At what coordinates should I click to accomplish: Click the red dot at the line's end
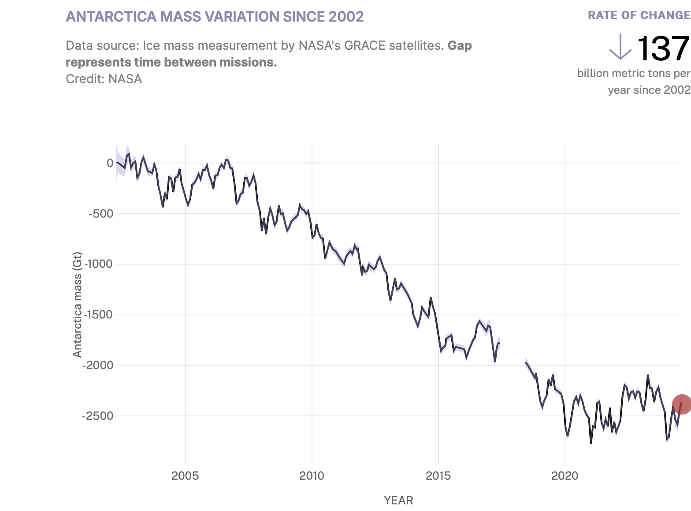tap(681, 404)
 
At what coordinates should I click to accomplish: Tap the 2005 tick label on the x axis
tap(185, 476)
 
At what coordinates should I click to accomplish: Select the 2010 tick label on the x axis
tap(312, 476)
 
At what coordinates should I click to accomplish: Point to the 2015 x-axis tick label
tap(438, 476)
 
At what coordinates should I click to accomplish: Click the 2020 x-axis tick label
tap(565, 476)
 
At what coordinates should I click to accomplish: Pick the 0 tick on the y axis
tap(110, 163)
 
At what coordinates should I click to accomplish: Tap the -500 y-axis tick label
tap(101, 214)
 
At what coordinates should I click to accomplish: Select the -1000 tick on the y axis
tap(98, 264)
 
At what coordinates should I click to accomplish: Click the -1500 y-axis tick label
tap(98, 315)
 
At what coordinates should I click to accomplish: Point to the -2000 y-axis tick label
tap(98, 365)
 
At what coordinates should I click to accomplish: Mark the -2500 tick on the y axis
tap(98, 416)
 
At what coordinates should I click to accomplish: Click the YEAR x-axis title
tap(398, 500)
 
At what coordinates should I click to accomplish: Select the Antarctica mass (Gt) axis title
tap(78, 304)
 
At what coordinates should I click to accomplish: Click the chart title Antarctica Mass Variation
tap(215, 17)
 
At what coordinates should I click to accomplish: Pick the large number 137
tap(662, 48)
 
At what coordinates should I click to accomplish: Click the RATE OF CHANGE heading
tap(639, 15)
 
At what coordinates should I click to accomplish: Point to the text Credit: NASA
tap(104, 79)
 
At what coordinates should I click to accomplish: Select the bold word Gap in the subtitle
tap(460, 46)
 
